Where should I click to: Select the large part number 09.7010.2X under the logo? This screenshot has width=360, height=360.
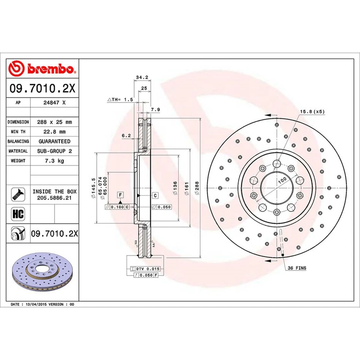[x=42, y=88]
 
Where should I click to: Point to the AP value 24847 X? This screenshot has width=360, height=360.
[x=54, y=102]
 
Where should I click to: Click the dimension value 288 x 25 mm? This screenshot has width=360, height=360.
[x=54, y=122]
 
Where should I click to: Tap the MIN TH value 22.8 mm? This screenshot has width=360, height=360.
[x=54, y=132]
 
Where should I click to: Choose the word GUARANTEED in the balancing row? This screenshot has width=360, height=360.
[x=54, y=141]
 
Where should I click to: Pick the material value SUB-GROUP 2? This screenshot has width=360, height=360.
[x=54, y=151]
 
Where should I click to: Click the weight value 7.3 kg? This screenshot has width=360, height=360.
[x=54, y=160]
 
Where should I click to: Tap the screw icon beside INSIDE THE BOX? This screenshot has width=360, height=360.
[x=18, y=194]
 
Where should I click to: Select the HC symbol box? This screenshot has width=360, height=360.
[x=18, y=214]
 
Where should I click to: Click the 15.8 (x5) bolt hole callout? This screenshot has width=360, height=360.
[x=312, y=112]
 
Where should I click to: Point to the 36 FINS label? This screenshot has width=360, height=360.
[x=297, y=268]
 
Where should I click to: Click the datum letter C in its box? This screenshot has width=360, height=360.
[x=154, y=196]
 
